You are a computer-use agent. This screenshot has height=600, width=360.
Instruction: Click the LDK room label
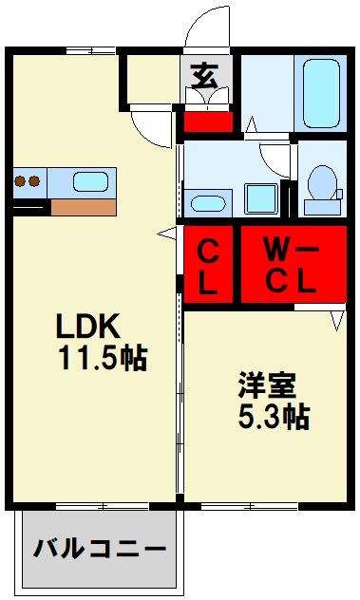pos(88,328)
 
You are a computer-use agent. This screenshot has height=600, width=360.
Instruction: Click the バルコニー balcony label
pos(101,549)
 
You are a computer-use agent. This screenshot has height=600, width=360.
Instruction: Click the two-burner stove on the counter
pos(28,180)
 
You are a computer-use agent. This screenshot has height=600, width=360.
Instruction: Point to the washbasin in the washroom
pos(205,201)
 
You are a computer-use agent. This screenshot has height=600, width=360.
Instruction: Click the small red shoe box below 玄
pos(207,122)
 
